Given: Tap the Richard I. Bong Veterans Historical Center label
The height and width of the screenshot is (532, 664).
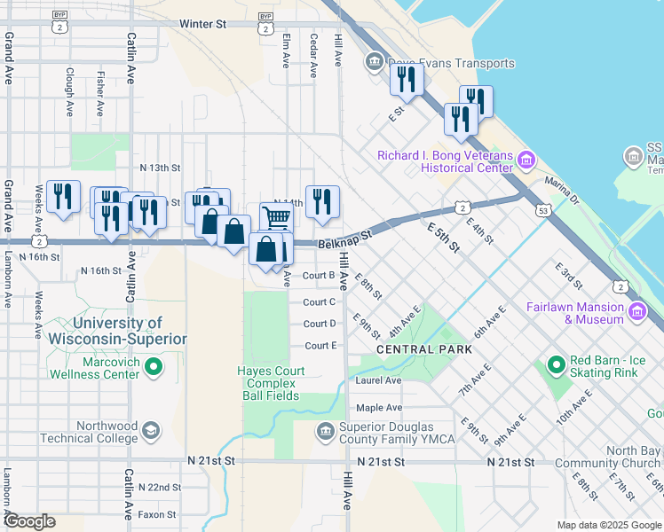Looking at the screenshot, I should [445, 161].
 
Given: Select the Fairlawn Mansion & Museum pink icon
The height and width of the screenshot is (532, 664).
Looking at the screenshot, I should [636, 311].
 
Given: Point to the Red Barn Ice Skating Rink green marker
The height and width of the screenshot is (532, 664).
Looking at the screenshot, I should [556, 364].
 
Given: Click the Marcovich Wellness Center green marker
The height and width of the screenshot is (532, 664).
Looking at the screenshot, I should [154, 365].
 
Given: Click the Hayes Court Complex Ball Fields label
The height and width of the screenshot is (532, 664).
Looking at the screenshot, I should [271, 383].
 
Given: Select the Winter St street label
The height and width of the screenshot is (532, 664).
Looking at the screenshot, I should [202, 24].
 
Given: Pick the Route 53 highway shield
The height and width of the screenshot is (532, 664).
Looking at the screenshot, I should [541, 211].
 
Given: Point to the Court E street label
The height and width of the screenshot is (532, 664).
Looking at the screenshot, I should [320, 346].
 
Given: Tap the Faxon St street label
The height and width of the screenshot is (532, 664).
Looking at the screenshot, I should [158, 514].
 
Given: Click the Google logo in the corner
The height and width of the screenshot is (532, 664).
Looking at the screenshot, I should [29, 522].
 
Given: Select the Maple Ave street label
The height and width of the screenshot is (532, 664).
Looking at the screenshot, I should [379, 408].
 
